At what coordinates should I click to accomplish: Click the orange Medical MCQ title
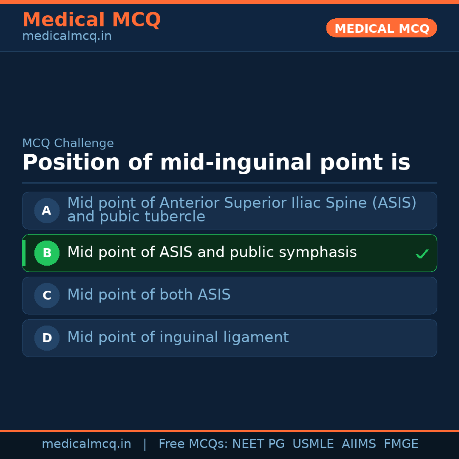(x=91, y=20)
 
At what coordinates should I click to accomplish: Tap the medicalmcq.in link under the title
(x=67, y=37)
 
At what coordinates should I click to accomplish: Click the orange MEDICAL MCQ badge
(x=382, y=28)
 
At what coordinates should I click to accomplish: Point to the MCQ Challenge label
(x=68, y=144)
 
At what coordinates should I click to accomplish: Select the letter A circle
(x=47, y=210)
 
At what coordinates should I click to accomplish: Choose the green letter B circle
(x=47, y=253)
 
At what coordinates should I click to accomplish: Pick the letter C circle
(x=47, y=295)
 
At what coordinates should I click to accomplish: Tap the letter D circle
(x=47, y=338)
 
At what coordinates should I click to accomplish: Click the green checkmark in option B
(x=422, y=254)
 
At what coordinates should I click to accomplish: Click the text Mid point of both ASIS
(x=149, y=295)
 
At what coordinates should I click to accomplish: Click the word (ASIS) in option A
(x=394, y=203)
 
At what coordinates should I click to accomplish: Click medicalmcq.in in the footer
(x=86, y=444)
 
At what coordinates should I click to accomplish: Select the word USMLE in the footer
(x=313, y=444)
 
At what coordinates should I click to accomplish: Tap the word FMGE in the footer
(x=401, y=444)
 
